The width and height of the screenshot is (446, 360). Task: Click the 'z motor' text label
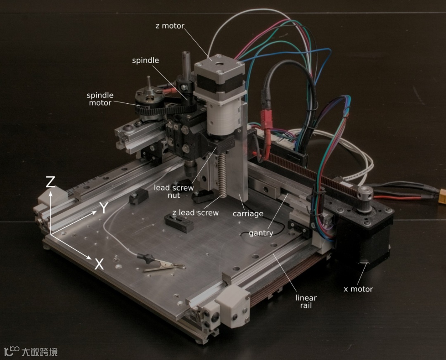(170, 26)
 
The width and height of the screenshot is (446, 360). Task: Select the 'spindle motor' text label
(100, 99)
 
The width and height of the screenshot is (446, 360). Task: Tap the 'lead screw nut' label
(174, 192)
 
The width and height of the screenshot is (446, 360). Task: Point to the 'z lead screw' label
(195, 213)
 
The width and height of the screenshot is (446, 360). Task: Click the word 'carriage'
(248, 213)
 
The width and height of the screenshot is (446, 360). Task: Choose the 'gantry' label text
(261, 233)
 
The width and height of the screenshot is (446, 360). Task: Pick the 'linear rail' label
(306, 302)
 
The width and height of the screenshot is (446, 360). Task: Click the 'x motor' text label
(358, 289)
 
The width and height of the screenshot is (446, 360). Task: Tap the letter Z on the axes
(50, 182)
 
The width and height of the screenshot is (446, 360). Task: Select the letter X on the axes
(99, 264)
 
